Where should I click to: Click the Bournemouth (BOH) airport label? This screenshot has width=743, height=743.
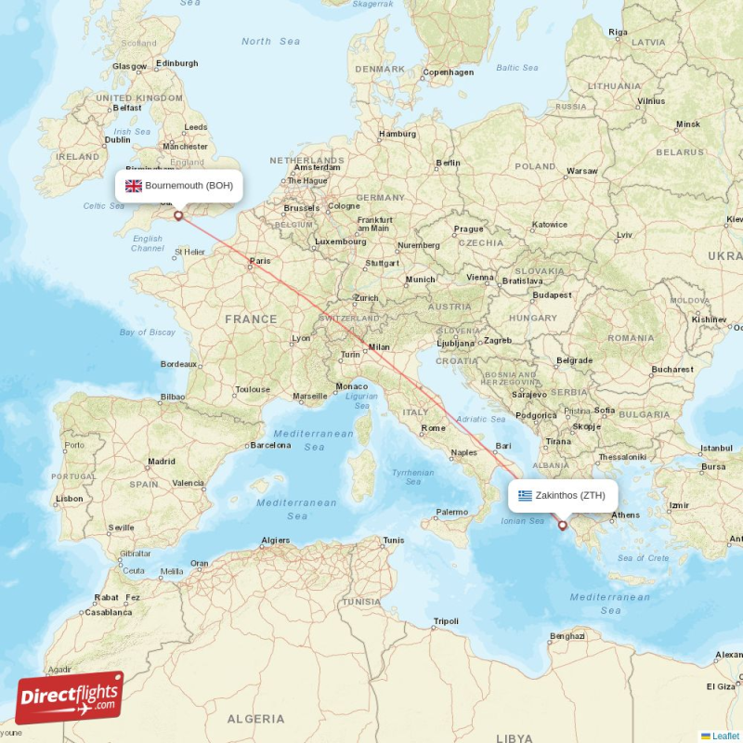189,186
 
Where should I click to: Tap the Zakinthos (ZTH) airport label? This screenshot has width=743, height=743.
570,495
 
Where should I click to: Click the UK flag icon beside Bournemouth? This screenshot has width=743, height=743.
134,186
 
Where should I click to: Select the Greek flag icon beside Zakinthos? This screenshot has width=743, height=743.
526,495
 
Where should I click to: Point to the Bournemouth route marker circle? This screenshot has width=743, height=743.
178,215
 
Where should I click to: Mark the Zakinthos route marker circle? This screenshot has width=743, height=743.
562,526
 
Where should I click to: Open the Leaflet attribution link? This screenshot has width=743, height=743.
725,736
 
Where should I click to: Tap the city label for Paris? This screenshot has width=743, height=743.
261,262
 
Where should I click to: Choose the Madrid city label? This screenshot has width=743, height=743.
161,461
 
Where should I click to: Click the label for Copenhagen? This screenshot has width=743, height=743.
448,72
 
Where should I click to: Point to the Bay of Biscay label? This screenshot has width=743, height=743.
147,332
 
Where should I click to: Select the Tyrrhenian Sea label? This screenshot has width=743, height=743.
413,476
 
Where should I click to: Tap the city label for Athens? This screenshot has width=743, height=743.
626,515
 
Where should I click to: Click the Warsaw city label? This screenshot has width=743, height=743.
582,171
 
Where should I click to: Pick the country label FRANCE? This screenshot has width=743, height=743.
250,319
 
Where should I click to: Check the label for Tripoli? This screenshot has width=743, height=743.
447,621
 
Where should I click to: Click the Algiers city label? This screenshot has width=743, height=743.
276,540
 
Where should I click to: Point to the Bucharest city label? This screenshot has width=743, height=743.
672,370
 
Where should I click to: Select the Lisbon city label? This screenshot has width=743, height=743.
70,499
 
